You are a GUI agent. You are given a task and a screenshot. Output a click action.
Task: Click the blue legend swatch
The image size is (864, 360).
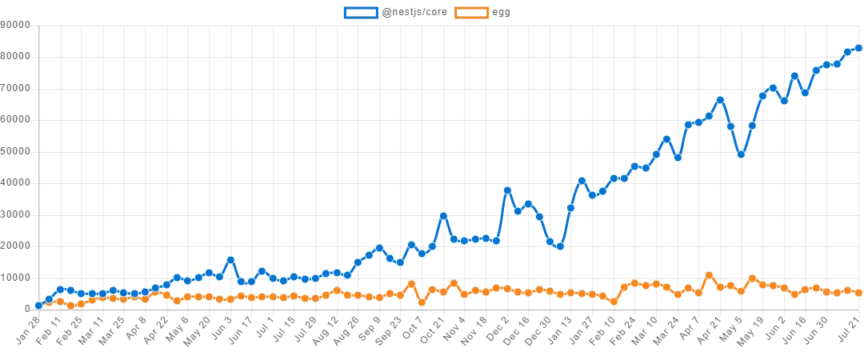pos(359,13)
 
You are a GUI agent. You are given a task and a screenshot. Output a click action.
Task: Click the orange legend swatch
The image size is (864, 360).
pos(472,13)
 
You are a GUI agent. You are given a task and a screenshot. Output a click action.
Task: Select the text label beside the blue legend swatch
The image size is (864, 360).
pos(413,13)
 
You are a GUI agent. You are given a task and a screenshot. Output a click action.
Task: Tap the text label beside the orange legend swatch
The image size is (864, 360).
pos(502,13)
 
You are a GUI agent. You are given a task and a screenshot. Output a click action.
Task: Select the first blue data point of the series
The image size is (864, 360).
pos(38,305)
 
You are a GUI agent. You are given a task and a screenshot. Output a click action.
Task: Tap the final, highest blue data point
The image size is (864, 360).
pos(858,48)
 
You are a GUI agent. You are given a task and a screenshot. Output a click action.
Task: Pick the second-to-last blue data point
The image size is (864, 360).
pos(848,52)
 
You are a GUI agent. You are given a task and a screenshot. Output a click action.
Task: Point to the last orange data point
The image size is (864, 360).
pos(858,293)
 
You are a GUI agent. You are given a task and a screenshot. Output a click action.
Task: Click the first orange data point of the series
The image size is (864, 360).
pos(38,305)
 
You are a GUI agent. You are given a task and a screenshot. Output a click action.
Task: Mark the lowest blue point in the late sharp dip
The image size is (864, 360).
pos(742,154)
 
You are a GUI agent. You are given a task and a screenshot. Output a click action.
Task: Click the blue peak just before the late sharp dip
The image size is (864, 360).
pos(720,100)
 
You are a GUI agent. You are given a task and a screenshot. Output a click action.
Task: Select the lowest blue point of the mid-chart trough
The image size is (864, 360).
pos(560,246)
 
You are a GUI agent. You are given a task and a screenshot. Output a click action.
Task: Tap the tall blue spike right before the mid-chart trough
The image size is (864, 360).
pos(506,190)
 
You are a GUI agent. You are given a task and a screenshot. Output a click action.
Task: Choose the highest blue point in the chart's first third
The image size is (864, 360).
pos(230,260)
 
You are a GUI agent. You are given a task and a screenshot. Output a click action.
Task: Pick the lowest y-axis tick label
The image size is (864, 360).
pos(24,305)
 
